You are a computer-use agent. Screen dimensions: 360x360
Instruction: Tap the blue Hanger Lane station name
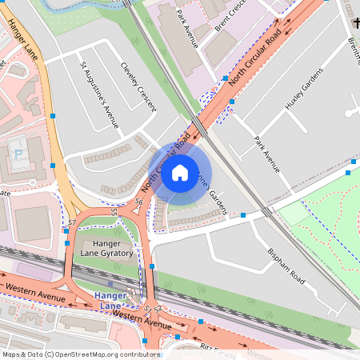click(110, 300)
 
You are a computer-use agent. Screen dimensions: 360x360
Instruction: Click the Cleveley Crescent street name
click(138, 87)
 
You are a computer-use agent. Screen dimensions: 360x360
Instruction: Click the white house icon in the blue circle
click(180, 173)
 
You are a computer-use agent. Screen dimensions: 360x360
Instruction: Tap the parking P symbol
click(18, 153)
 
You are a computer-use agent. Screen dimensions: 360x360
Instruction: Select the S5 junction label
click(114, 212)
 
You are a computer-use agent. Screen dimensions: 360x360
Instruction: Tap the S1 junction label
click(147, 307)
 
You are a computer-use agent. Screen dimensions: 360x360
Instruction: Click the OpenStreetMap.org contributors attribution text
click(104, 354)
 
